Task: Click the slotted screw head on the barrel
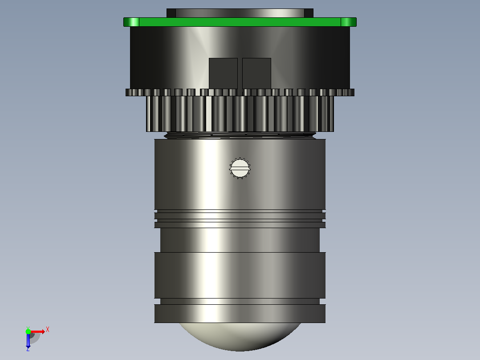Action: (240, 168)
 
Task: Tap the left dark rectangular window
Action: (223, 74)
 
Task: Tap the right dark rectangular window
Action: (257, 74)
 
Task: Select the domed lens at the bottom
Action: (240, 337)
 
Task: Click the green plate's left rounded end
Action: (131, 22)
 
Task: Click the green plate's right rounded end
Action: (349, 22)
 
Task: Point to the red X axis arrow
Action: (38, 331)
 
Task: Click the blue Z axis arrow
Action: (28, 340)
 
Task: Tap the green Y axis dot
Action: (28, 331)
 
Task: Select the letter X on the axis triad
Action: (48, 330)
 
